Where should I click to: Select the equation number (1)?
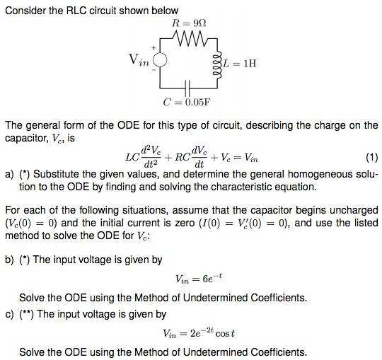point(370,156)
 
